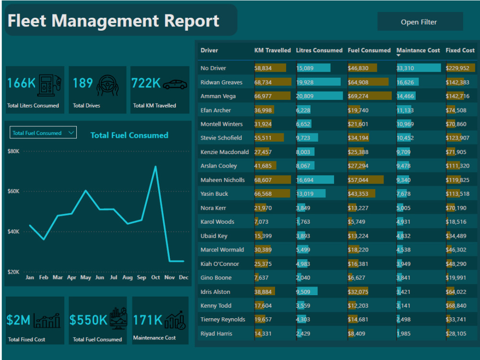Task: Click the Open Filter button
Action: coord(420,22)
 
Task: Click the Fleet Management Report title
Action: coord(113,21)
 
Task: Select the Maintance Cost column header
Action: coord(418,50)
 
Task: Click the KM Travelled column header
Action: coord(272,50)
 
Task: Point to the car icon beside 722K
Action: coord(175,84)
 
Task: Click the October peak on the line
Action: coord(155,167)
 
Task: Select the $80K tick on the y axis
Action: coord(13,151)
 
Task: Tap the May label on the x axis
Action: coord(85,277)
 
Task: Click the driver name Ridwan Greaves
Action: coord(221,82)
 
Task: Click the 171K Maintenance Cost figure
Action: coord(148,320)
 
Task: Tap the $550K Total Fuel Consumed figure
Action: coord(89,320)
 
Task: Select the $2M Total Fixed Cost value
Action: coord(19,320)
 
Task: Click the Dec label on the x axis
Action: coord(183,277)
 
